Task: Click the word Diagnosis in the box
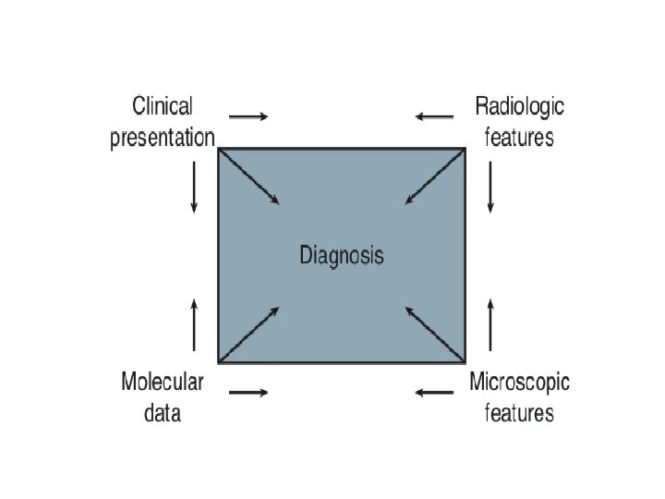tap(341, 255)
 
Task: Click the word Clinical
tap(163, 105)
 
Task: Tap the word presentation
tap(163, 138)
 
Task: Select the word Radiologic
tap(519, 105)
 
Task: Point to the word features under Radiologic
tap(519, 138)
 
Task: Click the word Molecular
tap(163, 380)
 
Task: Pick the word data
tap(163, 412)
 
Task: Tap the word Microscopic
tap(519, 380)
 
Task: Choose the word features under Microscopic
tap(519, 412)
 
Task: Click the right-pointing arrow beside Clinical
tap(248, 116)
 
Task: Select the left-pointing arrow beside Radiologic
tap(434, 116)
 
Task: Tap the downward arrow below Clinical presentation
tap(194, 188)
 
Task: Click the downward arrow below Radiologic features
tap(490, 188)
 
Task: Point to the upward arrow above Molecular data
tap(194, 324)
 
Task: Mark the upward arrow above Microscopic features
tap(490, 324)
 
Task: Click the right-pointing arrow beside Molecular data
tap(248, 393)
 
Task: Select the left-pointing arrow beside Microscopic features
tap(434, 393)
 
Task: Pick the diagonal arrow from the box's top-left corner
tap(249, 176)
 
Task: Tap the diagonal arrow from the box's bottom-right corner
tap(434, 334)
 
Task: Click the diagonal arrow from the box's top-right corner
tap(434, 176)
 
